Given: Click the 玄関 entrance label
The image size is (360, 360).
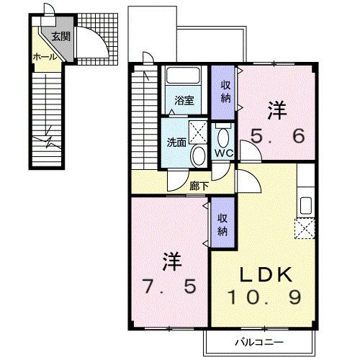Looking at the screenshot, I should point(60,37).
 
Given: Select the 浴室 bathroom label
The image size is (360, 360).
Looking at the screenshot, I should point(185,101).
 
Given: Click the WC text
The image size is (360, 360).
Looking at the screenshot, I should point(223,153).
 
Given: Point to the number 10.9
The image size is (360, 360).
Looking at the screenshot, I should point(264,296).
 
